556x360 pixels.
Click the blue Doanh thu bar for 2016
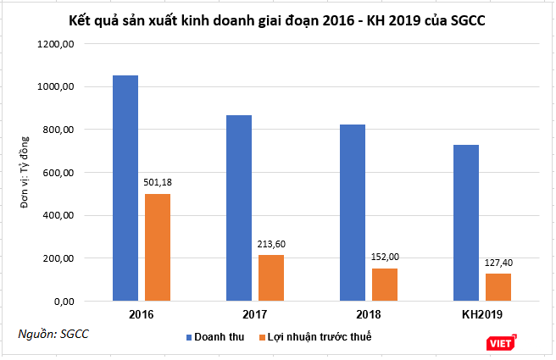125,188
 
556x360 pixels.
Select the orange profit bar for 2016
158,247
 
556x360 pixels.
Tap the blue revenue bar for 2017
239,208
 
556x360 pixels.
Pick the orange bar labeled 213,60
271,278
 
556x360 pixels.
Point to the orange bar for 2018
385,285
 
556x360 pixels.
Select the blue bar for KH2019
466,223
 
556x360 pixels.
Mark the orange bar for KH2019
498,287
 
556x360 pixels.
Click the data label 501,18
158,181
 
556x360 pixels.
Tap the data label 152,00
385,256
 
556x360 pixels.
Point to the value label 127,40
498,262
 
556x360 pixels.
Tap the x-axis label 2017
255,315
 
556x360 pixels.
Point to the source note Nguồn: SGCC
53,334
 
